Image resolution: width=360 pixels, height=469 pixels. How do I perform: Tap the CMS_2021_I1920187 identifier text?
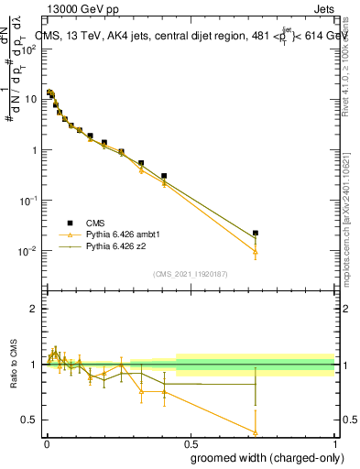click(190, 273)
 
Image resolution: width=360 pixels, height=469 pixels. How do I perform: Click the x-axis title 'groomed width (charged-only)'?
click(261, 457)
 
